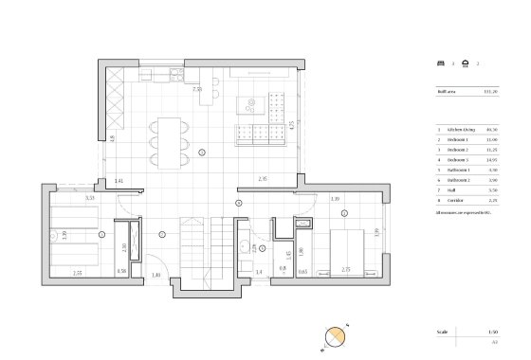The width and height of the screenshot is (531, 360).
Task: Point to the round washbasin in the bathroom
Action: (245, 247)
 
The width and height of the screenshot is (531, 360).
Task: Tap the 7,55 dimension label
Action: (197, 88)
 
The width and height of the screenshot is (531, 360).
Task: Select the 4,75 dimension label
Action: (292, 123)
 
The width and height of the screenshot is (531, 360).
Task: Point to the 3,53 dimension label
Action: (90, 198)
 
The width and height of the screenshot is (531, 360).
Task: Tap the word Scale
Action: (441, 333)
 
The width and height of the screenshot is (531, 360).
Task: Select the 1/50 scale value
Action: (492, 333)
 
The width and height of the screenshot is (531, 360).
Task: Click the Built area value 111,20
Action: (491, 92)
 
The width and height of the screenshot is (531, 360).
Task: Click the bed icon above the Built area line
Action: (440, 64)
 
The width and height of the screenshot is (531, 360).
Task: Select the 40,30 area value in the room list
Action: (492, 129)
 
